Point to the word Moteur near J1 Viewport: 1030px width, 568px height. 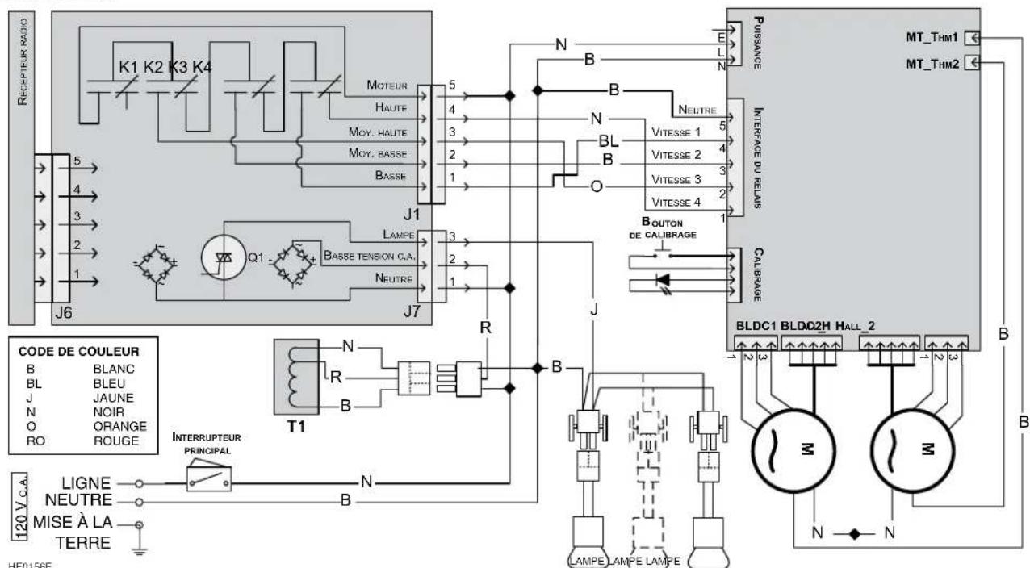tap(387, 84)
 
